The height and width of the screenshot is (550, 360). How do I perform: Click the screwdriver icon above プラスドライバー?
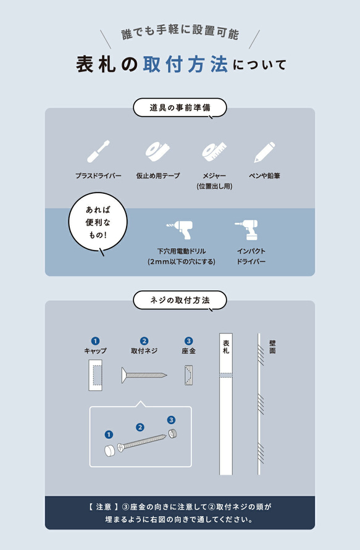tap(99, 151)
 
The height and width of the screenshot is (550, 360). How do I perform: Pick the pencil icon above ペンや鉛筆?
tap(264, 152)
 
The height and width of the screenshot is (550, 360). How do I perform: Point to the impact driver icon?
tap(247, 230)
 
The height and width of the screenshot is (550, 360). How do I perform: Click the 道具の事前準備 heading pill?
tap(180, 107)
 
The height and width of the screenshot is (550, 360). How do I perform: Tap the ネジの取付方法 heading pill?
tap(180, 300)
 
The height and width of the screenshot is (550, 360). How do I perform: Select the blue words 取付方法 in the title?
tap(185, 64)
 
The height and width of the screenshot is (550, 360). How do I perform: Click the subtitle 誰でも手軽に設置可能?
tap(180, 35)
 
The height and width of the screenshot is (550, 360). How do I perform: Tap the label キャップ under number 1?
tap(95, 351)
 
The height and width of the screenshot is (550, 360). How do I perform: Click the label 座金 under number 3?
tap(188, 351)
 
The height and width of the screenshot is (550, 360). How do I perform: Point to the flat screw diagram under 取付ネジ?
tap(144, 374)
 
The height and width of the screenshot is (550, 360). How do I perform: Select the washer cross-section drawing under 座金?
tap(189, 375)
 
